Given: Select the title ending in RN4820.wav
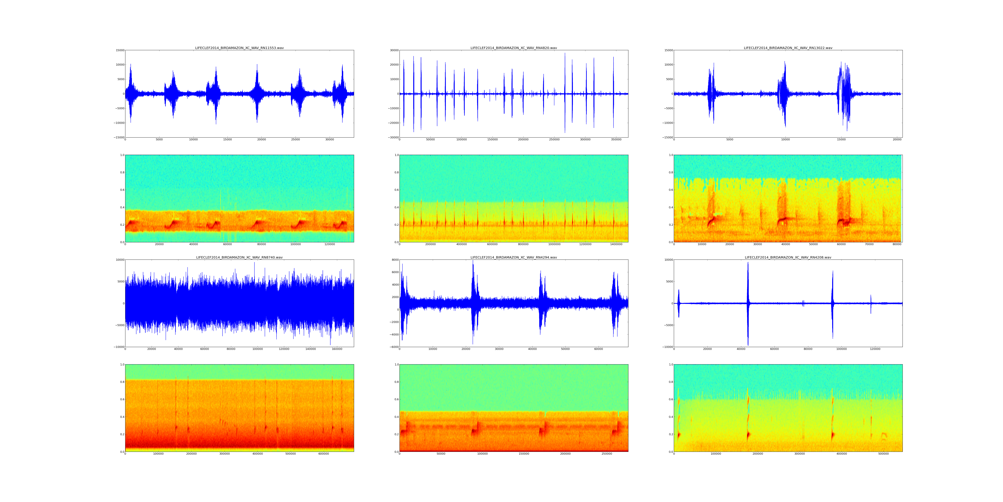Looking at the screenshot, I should pos(514,48).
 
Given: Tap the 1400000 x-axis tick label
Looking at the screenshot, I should pos(616,244).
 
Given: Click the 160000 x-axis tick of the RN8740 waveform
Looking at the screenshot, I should pos(337,349).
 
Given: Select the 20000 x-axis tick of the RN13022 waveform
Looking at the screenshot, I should pos(897,140).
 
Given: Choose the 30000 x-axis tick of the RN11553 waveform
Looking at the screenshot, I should pos(329,140).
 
